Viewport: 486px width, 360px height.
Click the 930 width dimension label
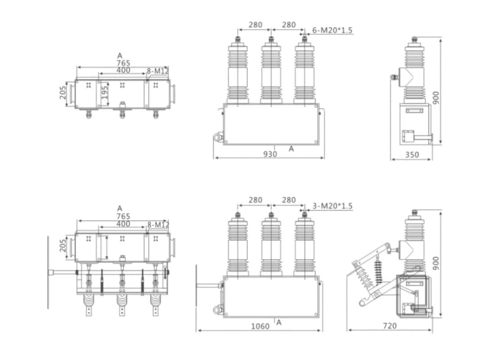pyautogui.click(x=270, y=154)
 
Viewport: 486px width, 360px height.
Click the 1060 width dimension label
pyautogui.click(x=260, y=326)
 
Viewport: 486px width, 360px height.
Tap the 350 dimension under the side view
pyautogui.click(x=412, y=155)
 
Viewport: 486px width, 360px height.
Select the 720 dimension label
pyautogui.click(x=389, y=326)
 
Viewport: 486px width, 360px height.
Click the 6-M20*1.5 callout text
pyautogui.click(x=332, y=31)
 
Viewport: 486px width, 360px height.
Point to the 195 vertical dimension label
pyautogui.click(x=104, y=94)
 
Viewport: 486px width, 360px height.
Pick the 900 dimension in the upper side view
pyautogui.click(x=436, y=98)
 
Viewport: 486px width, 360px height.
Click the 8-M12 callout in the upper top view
pyautogui.click(x=157, y=70)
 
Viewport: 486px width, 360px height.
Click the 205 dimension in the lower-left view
pyautogui.click(x=63, y=246)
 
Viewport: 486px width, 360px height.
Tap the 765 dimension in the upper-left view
pyautogui.click(x=123, y=63)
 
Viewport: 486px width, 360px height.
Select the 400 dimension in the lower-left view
pyautogui.click(x=123, y=224)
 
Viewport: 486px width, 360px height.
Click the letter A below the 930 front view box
pyautogui.click(x=291, y=148)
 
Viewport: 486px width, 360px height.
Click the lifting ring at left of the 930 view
pyautogui.click(x=218, y=136)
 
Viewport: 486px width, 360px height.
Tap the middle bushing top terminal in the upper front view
pyautogui.click(x=271, y=40)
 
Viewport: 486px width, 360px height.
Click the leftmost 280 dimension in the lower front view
pyautogui.click(x=255, y=200)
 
